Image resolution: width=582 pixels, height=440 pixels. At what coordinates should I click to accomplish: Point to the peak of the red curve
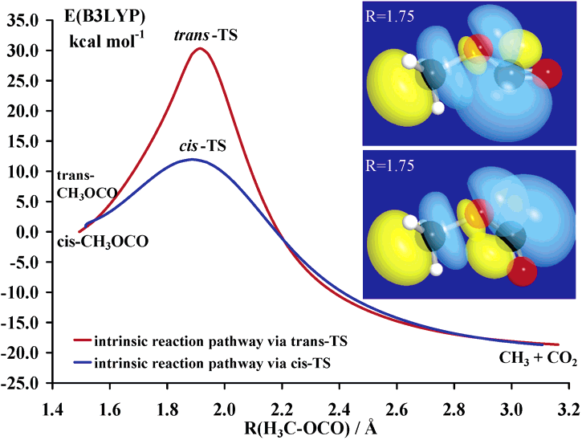200,49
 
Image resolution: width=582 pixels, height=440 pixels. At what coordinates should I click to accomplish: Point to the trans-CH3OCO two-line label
87,185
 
